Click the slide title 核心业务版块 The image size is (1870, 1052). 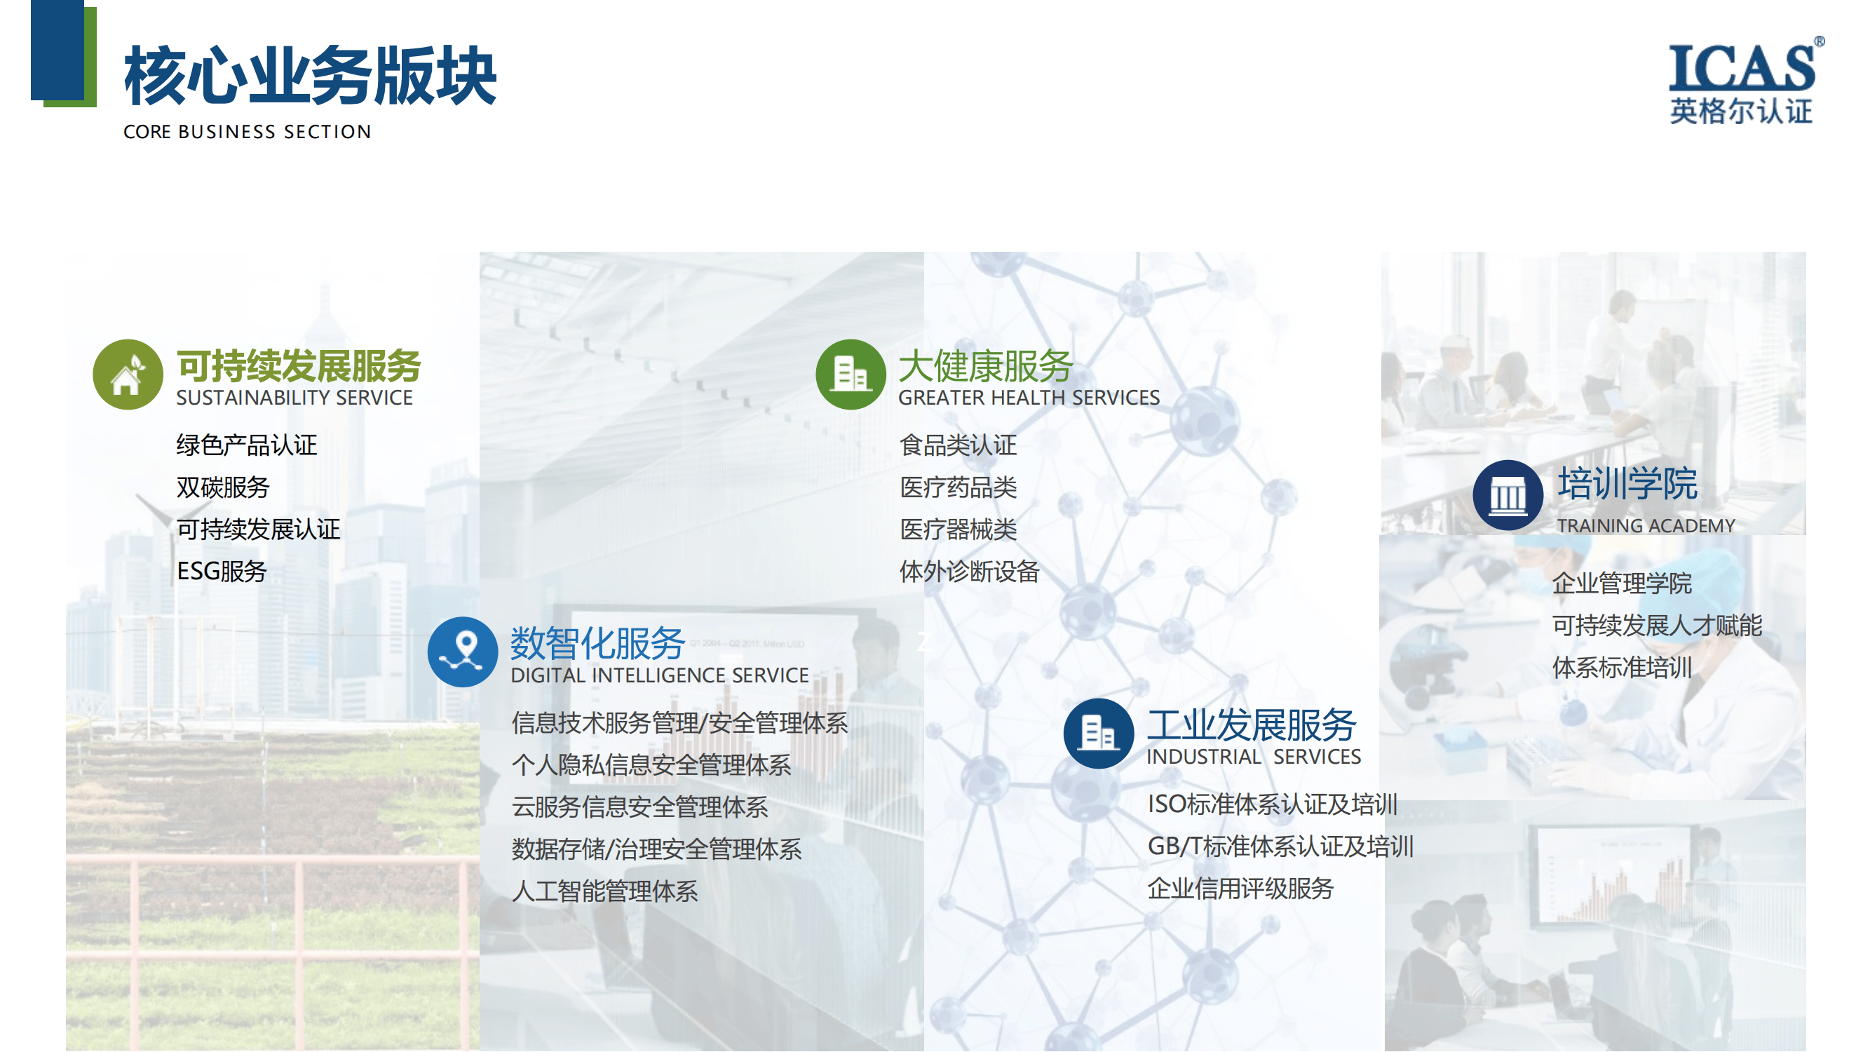click(x=310, y=75)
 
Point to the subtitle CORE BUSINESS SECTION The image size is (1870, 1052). click(x=247, y=132)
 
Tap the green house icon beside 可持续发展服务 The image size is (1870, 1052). click(x=128, y=375)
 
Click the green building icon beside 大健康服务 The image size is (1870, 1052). click(x=851, y=375)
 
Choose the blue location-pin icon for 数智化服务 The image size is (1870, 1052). click(x=463, y=652)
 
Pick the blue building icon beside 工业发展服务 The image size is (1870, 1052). click(x=1098, y=734)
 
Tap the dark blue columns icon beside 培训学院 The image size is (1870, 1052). click(x=1507, y=495)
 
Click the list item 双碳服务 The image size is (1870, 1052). click(x=223, y=487)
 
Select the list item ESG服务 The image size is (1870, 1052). click(x=222, y=572)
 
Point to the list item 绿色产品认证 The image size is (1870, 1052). click(x=247, y=445)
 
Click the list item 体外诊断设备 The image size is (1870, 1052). click(x=970, y=572)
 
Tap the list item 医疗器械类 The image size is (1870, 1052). click(x=958, y=530)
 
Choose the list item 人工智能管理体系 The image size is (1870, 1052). click(x=604, y=891)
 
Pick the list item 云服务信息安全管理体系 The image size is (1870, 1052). click(x=639, y=807)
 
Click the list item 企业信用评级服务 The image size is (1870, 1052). click(x=1240, y=888)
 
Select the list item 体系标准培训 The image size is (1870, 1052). click(x=1622, y=667)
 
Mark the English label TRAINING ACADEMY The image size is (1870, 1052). click(x=1646, y=525)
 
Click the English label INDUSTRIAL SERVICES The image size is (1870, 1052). click(x=1254, y=757)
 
